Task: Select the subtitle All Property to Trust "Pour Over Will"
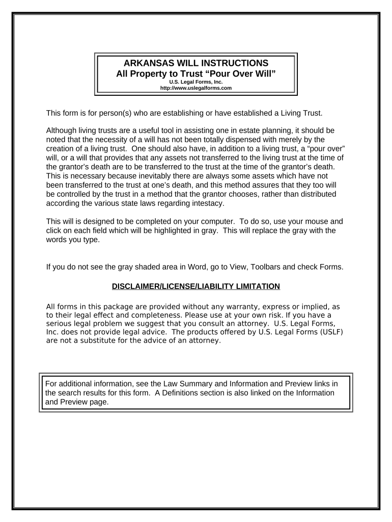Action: click(196, 73)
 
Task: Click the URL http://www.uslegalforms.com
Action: click(196, 88)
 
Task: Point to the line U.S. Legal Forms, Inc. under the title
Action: click(196, 82)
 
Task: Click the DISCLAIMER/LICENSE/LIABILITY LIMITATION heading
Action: click(196, 286)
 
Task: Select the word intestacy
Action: click(205, 204)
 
